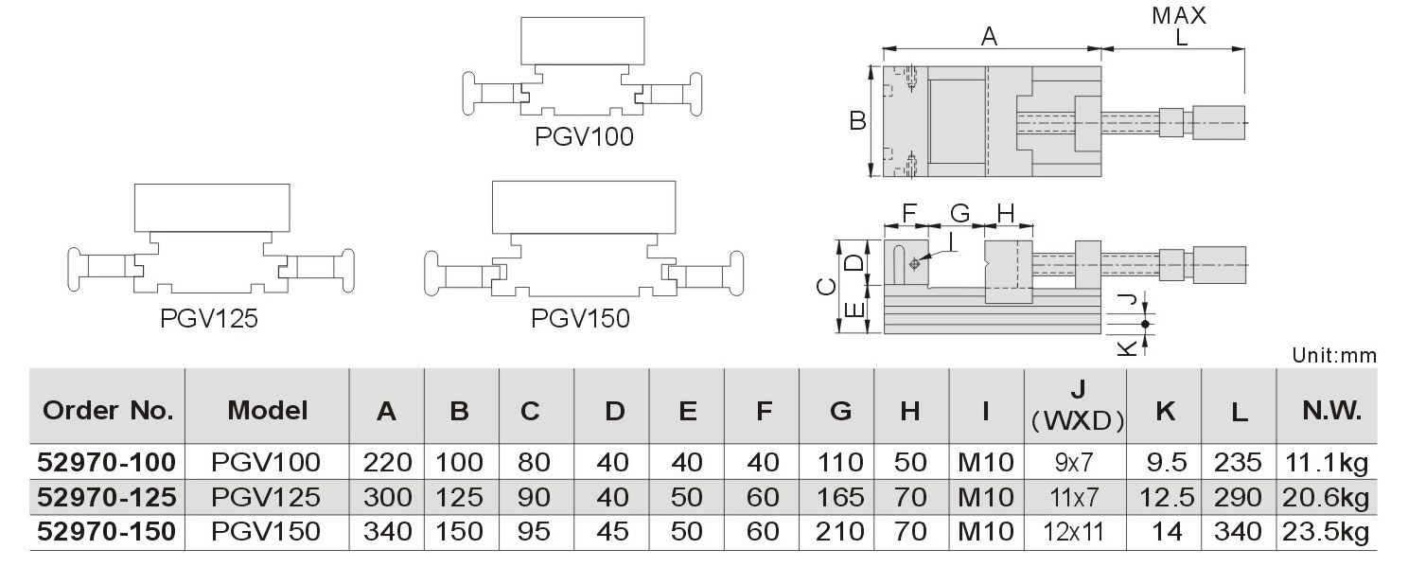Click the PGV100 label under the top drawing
[584, 137]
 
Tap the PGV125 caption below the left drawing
[209, 319]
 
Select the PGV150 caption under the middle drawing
[580, 319]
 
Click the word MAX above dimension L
[1179, 16]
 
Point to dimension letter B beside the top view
[858, 120]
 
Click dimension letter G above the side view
[959, 214]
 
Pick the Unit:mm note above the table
[1334, 356]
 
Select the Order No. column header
[108, 411]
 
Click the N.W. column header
[1331, 411]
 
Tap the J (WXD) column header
[1078, 406]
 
